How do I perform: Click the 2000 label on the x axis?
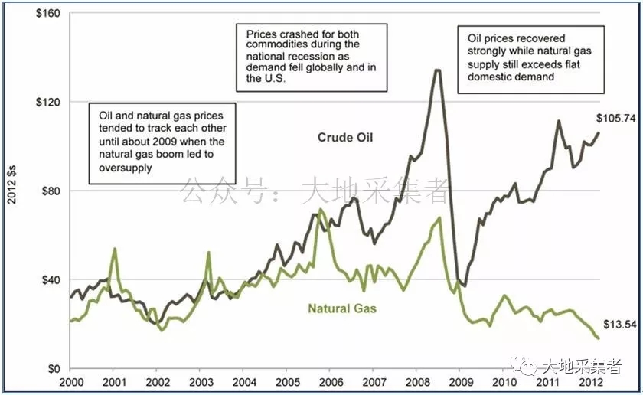click(70, 381)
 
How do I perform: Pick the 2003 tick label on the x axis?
click(201, 381)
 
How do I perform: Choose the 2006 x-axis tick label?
click(331, 381)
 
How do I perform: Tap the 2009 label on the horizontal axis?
click(461, 381)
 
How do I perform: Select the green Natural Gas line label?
click(342, 309)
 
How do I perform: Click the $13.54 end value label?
click(619, 324)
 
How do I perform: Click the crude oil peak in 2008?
click(437, 70)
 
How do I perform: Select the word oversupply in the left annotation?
click(121, 168)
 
